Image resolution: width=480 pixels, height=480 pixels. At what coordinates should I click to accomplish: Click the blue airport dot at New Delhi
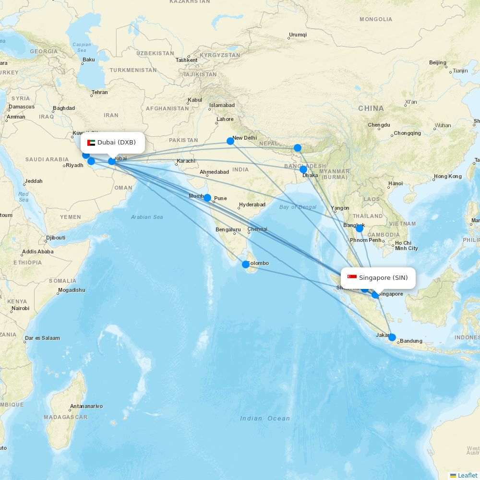click(230, 141)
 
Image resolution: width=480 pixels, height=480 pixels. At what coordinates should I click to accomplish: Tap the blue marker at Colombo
click(246, 264)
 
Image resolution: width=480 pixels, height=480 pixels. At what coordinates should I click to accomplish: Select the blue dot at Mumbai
click(207, 198)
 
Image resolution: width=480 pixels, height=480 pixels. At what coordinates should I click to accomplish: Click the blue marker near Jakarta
click(392, 337)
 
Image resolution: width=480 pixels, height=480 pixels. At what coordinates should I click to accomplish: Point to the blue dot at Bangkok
click(360, 228)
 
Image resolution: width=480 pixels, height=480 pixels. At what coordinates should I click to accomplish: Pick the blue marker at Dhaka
click(303, 169)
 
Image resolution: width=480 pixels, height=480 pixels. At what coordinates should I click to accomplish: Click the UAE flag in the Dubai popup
click(91, 143)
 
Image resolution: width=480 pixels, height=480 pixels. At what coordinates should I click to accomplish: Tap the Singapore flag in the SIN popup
click(352, 278)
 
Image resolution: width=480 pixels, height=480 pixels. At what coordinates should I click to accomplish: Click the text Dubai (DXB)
click(117, 143)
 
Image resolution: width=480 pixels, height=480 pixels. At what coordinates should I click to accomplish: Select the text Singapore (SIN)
click(384, 278)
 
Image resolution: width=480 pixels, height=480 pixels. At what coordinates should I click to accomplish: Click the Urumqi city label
click(298, 35)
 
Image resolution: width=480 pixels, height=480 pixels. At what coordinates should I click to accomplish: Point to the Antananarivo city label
click(86, 407)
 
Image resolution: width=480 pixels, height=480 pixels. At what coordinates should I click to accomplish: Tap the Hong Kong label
click(447, 177)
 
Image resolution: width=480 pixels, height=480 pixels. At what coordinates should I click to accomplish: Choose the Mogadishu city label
click(72, 290)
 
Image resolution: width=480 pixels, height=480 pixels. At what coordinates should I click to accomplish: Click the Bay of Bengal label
click(298, 207)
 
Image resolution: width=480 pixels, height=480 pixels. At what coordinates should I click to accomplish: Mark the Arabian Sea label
click(147, 217)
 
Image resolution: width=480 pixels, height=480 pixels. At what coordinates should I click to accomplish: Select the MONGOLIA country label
click(376, 20)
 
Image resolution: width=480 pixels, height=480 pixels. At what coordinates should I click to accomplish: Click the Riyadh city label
click(74, 166)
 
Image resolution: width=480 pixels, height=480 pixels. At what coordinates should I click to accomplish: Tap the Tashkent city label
click(186, 60)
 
